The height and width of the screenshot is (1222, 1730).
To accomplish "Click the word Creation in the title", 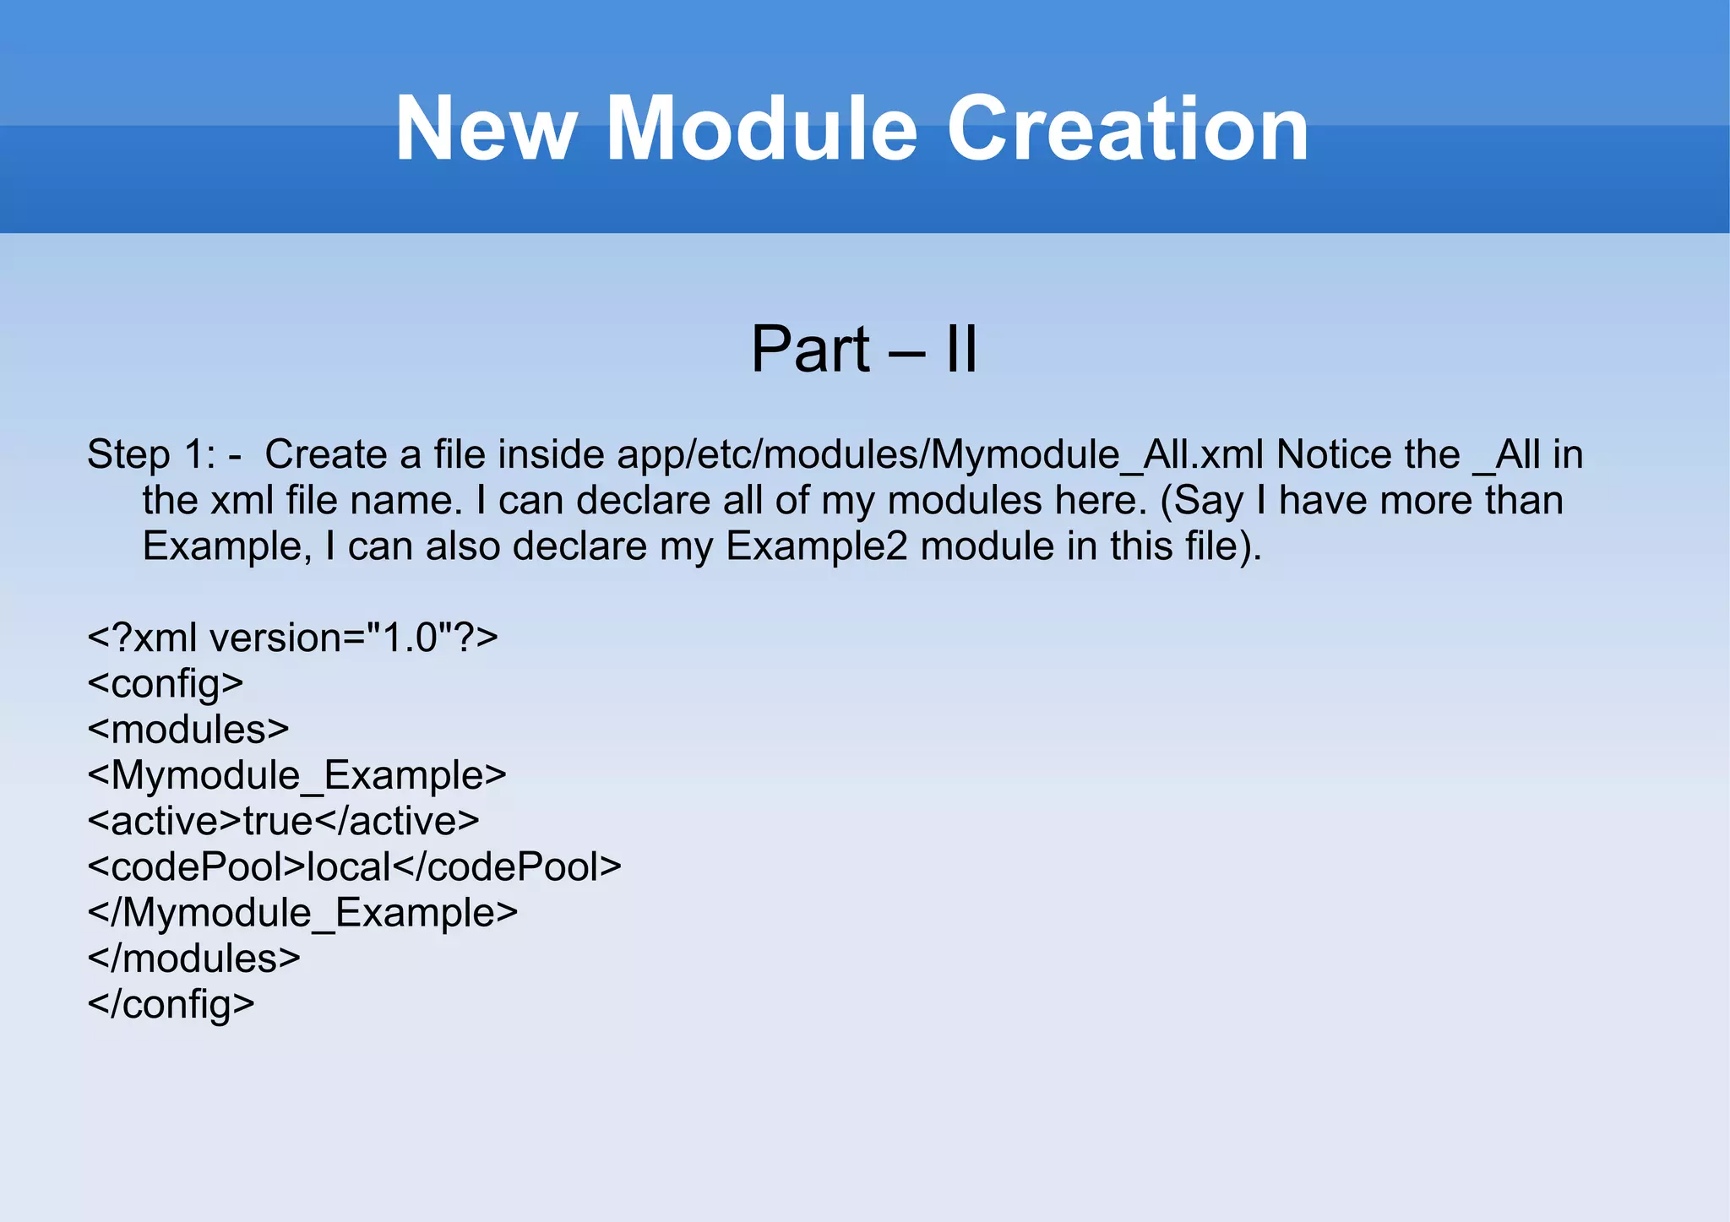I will tap(1128, 129).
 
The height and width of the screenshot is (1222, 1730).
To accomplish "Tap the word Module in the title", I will tap(761, 129).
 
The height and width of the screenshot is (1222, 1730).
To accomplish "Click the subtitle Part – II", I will tap(864, 349).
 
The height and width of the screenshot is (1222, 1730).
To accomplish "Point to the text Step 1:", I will tap(152, 455).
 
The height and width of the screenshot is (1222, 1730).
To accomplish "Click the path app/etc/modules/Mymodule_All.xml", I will tap(940, 455).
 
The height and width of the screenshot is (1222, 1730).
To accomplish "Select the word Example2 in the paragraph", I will tap(817, 546).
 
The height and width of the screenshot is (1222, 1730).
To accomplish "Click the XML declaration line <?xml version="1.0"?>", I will tap(292, 638).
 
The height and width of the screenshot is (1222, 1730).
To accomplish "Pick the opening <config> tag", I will tap(166, 683).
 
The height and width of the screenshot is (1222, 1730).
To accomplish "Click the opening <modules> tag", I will tap(188, 730).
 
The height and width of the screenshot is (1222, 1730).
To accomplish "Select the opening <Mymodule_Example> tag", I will tap(296, 775).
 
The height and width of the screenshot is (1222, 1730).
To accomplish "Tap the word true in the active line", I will tap(278, 821).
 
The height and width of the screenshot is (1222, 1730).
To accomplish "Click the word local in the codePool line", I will tap(349, 866).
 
